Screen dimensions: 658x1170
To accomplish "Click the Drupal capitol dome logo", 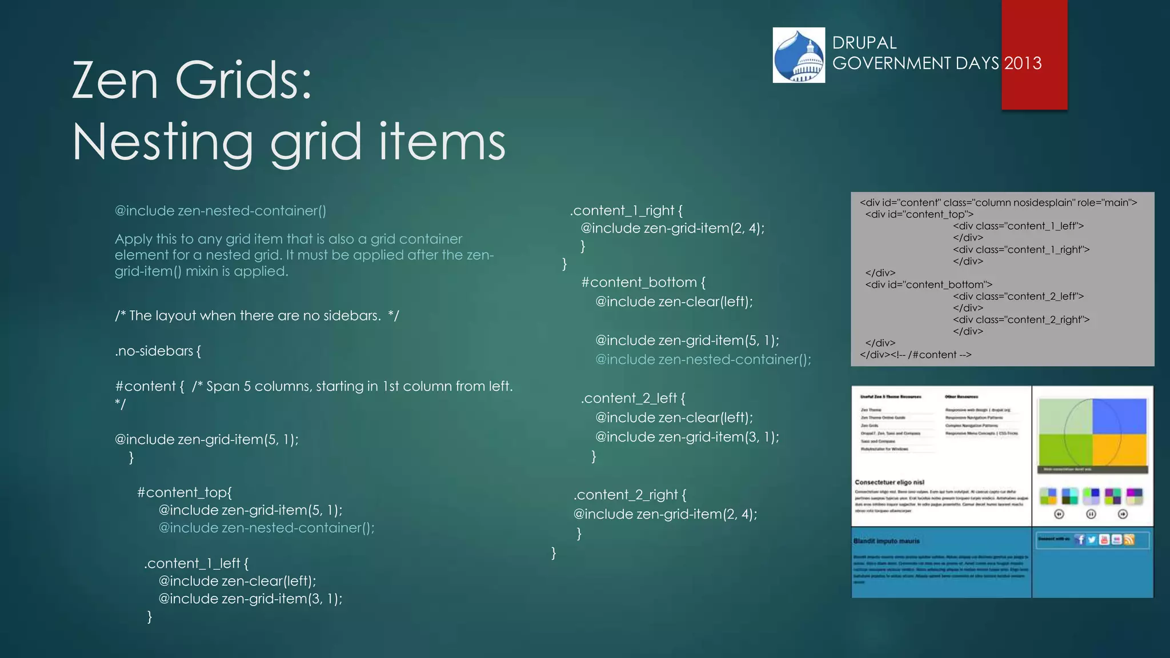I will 799,55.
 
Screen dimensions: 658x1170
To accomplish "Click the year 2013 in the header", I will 1023,63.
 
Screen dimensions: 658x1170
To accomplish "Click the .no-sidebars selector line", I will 158,351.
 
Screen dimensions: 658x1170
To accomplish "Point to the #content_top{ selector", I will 185,492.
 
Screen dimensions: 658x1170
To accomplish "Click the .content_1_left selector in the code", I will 196,563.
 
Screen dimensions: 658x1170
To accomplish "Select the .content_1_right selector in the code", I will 626,211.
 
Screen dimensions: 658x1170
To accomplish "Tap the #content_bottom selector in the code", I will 643,282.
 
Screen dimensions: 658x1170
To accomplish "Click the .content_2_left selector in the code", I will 633,398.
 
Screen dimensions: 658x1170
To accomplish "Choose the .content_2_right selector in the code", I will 630,495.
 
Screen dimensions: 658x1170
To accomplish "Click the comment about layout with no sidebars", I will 257,316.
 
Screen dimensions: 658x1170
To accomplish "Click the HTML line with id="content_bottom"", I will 928,284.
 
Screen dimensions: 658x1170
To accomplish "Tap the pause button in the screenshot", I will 1091,514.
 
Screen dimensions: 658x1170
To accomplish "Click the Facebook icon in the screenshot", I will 1080,540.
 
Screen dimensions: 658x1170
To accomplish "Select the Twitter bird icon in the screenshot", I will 1092,540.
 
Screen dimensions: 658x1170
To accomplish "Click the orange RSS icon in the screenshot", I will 1129,540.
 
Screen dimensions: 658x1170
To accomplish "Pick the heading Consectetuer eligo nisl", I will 889,482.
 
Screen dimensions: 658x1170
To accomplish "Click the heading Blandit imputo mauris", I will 887,541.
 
